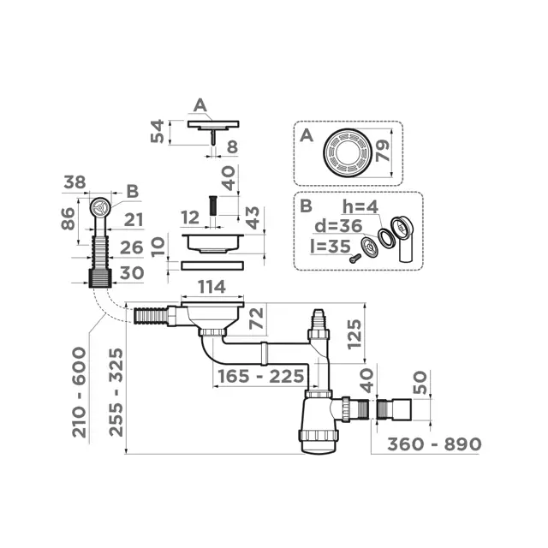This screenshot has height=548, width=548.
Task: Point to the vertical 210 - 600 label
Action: coord(80,392)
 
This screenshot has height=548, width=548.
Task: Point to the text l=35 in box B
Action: coord(331,247)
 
